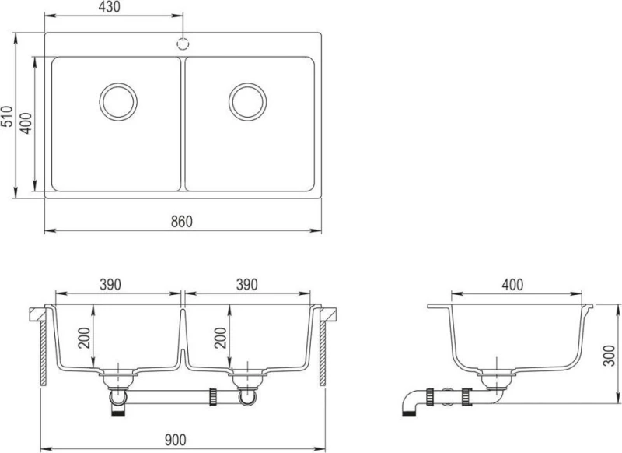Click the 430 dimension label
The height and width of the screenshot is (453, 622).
(x=109, y=7)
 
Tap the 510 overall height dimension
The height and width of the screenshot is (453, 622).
(x=7, y=116)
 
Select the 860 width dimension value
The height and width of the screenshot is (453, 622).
(x=182, y=222)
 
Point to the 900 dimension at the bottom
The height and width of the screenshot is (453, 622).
(x=175, y=440)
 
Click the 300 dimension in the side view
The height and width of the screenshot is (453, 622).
(x=608, y=356)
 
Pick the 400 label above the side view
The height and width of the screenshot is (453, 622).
(x=512, y=284)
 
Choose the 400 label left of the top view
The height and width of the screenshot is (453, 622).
(x=26, y=123)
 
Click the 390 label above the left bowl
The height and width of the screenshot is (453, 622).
(x=110, y=284)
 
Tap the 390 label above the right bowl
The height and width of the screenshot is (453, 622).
(x=246, y=284)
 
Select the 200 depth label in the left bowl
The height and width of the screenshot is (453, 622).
(x=84, y=338)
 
